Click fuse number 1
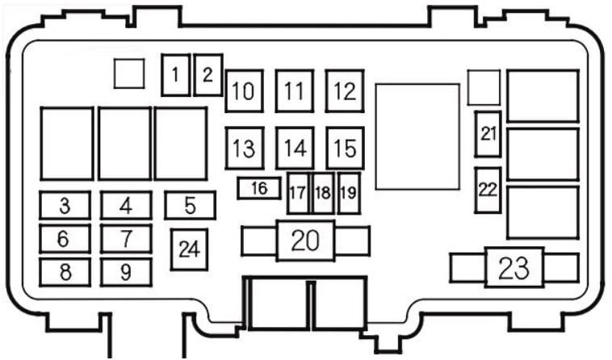tap(176, 75)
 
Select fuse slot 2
tap(208, 75)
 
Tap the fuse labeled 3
tap(65, 205)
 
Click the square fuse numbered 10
tap(245, 91)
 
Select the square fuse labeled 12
tap(345, 91)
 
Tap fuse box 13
tap(245, 149)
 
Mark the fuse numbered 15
tap(346, 149)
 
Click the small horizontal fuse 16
tap(259, 188)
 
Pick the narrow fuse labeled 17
tap(298, 193)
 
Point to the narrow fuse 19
tap(349, 193)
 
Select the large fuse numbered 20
tap(306, 241)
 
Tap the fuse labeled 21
tap(488, 134)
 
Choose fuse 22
tap(488, 190)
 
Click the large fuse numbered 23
tap(514, 267)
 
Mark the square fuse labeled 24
tap(189, 249)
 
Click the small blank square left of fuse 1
tap(129, 73)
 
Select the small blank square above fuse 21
tap(484, 87)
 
